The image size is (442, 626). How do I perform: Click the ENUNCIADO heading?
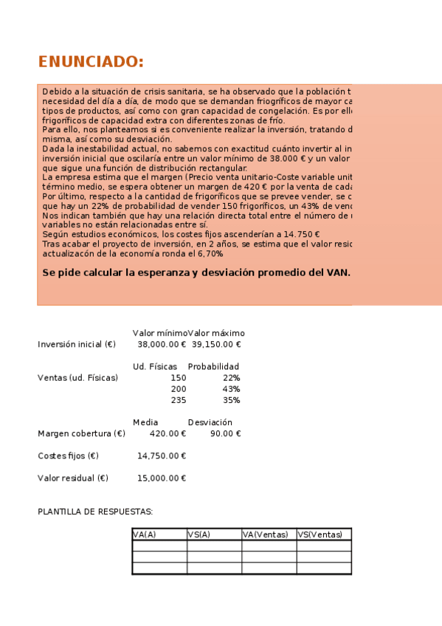point(91,61)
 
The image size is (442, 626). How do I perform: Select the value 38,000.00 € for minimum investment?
point(162,344)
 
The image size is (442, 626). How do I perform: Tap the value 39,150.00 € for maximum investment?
point(216,344)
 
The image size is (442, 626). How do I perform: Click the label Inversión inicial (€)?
point(77,344)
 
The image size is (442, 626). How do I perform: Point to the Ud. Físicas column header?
point(155,366)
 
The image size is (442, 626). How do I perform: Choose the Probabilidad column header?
point(213,366)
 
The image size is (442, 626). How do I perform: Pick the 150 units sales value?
point(178,378)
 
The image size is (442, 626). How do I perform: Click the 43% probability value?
point(231,389)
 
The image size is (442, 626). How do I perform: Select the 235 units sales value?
point(178,400)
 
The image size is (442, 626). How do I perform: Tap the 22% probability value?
point(231,378)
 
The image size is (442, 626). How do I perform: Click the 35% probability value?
point(231,400)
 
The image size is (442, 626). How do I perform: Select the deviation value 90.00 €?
point(225,433)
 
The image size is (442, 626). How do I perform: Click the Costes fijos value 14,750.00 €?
point(162,455)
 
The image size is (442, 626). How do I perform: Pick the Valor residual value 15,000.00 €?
point(162,478)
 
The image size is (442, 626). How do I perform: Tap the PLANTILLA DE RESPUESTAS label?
point(95,512)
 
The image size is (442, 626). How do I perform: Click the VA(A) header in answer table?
point(145,534)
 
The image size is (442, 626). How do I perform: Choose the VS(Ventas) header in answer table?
point(320,534)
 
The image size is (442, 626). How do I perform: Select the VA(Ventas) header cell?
point(265,534)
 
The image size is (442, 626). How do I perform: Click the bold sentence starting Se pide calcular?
point(196,272)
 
